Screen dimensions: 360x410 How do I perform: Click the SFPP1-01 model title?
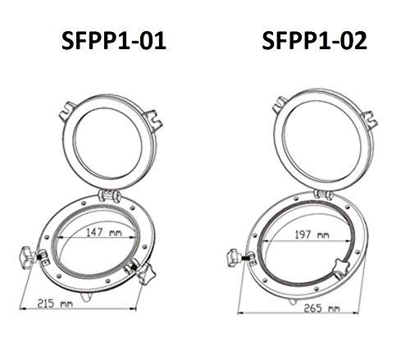(x=114, y=41)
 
